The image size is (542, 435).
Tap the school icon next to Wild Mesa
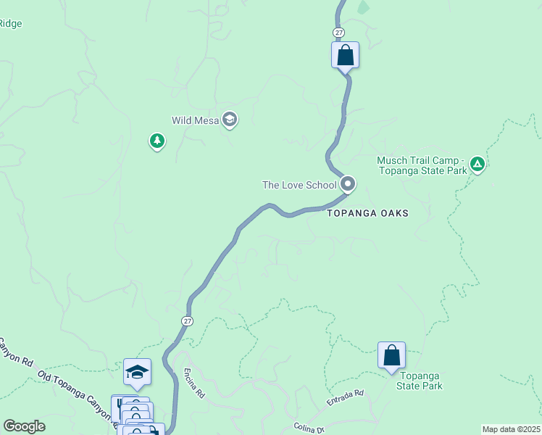click(230, 120)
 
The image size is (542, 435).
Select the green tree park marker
click(157, 141)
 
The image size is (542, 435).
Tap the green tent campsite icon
click(477, 165)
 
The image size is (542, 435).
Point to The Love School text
click(299, 185)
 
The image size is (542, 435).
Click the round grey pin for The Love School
click(348, 184)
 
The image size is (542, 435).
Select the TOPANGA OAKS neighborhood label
click(367, 214)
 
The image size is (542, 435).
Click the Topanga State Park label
click(419, 381)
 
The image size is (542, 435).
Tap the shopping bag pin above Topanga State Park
click(391, 356)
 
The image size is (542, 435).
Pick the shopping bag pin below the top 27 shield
click(345, 55)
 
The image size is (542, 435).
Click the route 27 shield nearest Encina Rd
click(187, 320)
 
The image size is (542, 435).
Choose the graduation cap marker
click(137, 373)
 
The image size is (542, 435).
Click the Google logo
click(24, 426)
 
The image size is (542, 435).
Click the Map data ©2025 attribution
click(512, 429)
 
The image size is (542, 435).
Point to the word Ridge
click(11, 24)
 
